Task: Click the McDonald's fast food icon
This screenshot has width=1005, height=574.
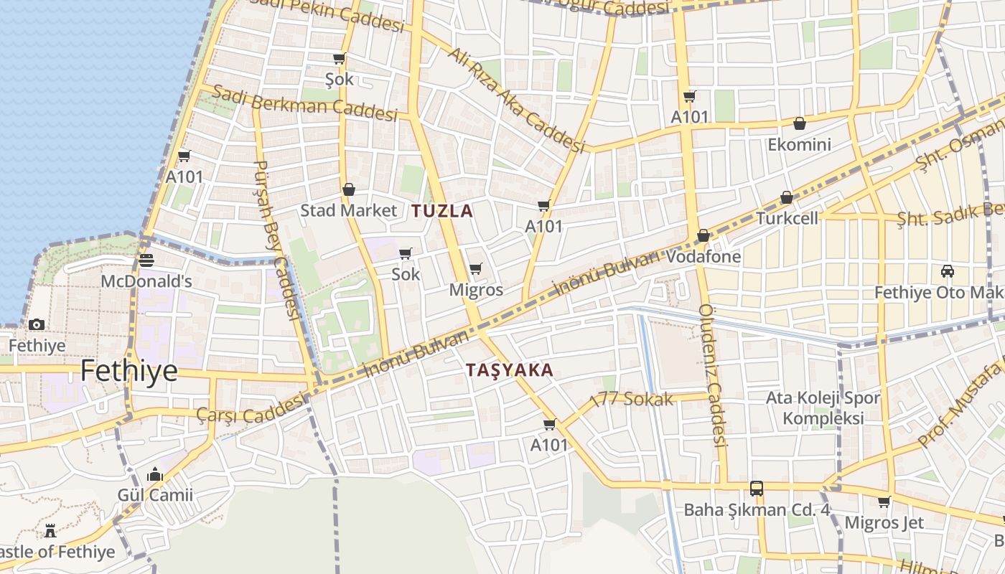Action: point(146,260)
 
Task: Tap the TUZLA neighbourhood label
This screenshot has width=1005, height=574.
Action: point(442,211)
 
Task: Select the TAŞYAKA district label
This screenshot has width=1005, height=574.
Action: point(510,370)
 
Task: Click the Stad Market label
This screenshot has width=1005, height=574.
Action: point(348,210)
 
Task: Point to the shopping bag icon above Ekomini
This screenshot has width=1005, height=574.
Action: point(799,123)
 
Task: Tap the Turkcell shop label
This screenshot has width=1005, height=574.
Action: point(787,218)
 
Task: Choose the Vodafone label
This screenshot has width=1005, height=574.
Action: point(703,256)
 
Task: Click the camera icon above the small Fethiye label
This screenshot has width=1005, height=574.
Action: point(37,325)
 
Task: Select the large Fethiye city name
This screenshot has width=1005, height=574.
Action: point(128,371)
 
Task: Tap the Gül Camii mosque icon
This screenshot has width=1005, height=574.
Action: point(155,475)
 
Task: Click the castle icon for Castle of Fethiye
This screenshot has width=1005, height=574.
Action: point(50,531)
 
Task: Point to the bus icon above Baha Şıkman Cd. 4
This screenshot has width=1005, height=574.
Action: point(757,489)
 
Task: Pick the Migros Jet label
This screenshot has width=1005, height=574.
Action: point(884,522)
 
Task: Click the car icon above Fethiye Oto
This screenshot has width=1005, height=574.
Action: point(948,271)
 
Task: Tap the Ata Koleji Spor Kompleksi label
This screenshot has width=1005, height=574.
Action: point(823,408)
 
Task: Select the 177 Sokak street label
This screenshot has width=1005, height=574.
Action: point(631,400)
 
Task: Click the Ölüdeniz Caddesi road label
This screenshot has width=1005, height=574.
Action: point(714,373)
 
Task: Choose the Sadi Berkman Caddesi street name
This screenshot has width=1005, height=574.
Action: point(305,104)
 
